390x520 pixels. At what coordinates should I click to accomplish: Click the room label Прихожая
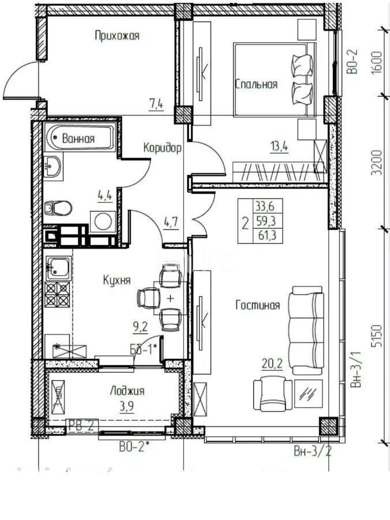[117, 36]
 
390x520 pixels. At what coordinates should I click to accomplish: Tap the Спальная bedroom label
[256, 84]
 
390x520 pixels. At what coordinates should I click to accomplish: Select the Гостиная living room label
[257, 306]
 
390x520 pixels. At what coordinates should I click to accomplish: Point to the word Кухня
[117, 280]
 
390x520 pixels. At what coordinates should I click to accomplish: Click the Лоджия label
[127, 391]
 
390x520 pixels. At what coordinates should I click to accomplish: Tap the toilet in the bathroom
[57, 207]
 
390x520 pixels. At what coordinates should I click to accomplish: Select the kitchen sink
[58, 267]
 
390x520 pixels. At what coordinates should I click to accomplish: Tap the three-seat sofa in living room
[306, 329]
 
